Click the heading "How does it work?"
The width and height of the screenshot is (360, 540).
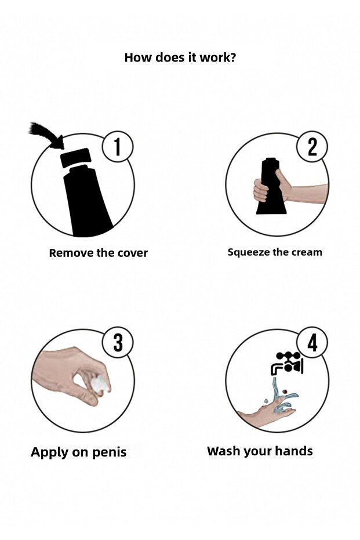tap(180, 57)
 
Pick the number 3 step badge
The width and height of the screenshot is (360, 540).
tap(118, 342)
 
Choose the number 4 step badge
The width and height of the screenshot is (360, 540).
tap(312, 342)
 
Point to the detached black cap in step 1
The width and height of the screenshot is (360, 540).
tap(75, 157)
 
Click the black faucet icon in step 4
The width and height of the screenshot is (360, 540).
tap(288, 363)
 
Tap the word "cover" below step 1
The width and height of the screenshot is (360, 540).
tap(133, 253)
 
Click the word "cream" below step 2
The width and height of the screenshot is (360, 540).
tap(307, 252)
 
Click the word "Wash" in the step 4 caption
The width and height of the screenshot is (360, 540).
tap(224, 451)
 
